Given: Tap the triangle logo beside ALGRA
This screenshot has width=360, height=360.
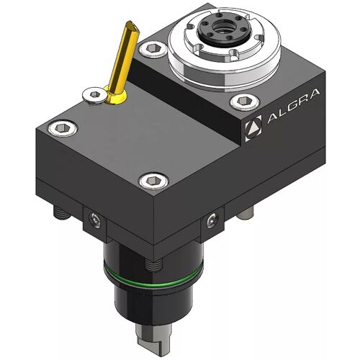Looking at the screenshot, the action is tap(253, 128).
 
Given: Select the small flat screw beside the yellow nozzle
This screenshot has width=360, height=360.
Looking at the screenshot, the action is tap(94, 95).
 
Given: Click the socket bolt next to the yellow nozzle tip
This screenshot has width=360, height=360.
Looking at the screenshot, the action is tap(153, 50).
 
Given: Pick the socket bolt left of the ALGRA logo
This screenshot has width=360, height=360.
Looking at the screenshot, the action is tap(245, 102).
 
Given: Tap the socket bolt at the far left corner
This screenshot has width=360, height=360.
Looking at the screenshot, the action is tap(63, 127).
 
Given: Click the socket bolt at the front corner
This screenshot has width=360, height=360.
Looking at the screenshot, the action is tap(153, 181).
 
